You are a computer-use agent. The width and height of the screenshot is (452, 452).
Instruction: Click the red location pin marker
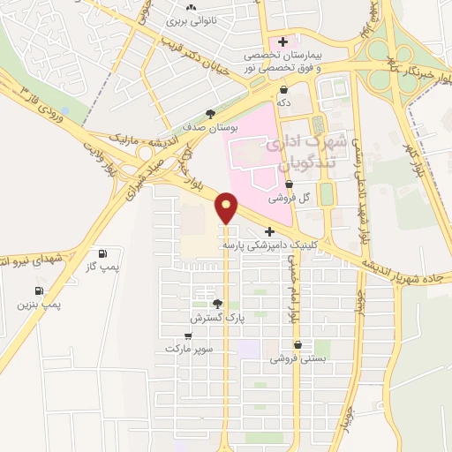[x=227, y=207]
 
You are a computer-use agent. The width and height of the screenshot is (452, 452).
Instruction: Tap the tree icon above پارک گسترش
[x=217, y=303]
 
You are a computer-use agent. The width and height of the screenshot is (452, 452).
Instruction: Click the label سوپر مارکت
[x=189, y=349]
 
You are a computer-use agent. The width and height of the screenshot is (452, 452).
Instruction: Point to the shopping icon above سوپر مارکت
[x=188, y=335]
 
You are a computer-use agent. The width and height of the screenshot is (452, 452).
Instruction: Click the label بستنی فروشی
[x=298, y=358]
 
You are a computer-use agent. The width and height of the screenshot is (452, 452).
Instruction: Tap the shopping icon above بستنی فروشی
[x=298, y=345]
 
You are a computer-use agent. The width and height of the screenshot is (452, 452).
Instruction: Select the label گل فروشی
[x=316, y=197]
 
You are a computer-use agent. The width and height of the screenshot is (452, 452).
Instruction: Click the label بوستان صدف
[x=209, y=126]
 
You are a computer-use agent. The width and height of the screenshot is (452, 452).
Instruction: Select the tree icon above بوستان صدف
[x=209, y=114]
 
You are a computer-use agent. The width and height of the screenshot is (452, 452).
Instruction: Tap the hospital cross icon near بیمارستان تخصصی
[x=282, y=41]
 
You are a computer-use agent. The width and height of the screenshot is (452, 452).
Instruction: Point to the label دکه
[x=283, y=102]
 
